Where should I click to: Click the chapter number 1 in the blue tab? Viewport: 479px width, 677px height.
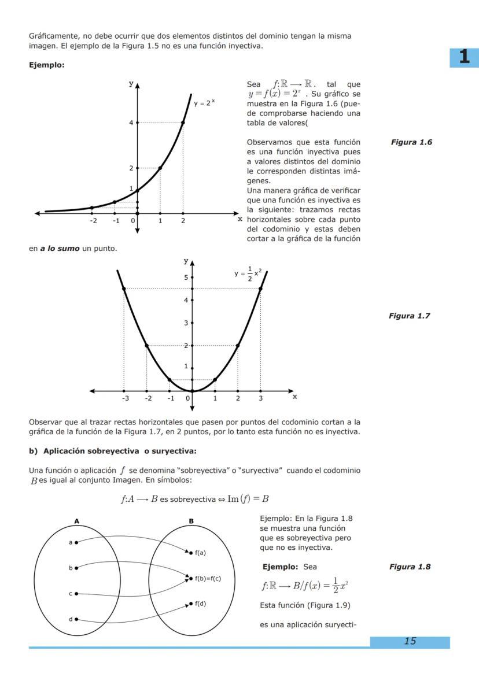[464, 57]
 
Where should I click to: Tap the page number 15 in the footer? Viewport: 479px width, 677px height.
[410, 641]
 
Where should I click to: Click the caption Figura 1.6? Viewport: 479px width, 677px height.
[412, 142]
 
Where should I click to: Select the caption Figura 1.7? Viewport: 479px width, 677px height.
[410, 316]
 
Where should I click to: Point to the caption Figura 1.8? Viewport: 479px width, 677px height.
[410, 567]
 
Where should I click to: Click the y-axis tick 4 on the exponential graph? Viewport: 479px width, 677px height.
[131, 123]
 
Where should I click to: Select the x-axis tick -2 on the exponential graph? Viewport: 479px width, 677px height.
[93, 221]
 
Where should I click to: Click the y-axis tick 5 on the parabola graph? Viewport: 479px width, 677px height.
[186, 278]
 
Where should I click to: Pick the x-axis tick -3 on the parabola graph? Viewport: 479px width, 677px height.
[125, 398]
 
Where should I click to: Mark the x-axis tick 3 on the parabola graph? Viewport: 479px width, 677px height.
[260, 398]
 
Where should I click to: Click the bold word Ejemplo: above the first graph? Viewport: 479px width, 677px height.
[46, 65]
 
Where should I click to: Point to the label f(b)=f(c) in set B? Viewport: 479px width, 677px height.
[208, 578]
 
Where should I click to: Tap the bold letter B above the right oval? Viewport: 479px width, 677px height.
[191, 521]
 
